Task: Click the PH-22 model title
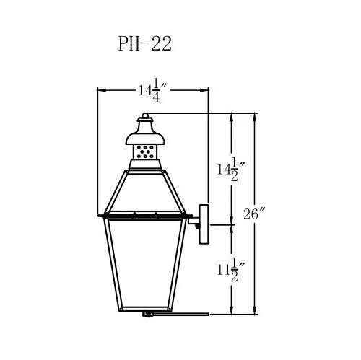click(x=145, y=44)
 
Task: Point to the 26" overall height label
click(x=254, y=214)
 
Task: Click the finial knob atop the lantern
click(x=145, y=116)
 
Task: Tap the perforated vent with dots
click(x=145, y=152)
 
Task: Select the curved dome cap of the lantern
click(x=145, y=139)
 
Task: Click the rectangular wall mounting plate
click(x=204, y=224)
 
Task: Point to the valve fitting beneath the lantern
click(x=147, y=314)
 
